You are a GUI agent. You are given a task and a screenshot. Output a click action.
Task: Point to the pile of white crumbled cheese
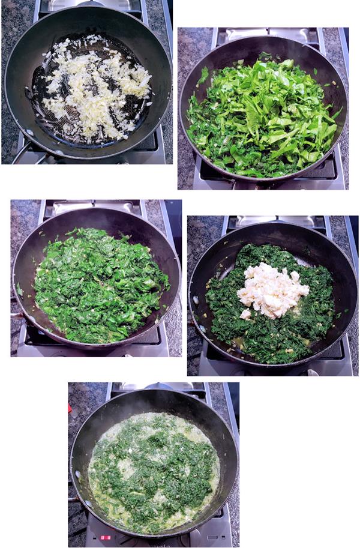click(273, 291)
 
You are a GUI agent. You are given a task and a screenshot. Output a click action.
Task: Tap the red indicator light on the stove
click(106, 537)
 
